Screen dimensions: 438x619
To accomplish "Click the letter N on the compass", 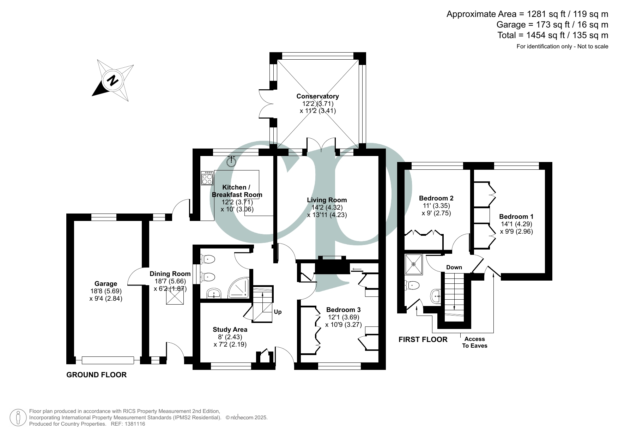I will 113,81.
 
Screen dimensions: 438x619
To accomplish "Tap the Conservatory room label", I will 317,96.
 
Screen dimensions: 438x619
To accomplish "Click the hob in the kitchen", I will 207,178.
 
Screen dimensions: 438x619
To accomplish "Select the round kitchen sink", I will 231,162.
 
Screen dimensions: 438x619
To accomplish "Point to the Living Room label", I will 327,200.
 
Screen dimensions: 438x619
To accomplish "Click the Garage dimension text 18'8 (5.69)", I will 106,291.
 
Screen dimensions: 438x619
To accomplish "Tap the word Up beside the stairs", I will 278,312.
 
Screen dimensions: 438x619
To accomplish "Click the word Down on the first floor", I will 454,268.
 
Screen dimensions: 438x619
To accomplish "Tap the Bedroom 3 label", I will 343,310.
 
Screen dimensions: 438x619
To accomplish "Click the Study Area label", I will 230,330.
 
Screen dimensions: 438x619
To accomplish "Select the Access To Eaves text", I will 474,342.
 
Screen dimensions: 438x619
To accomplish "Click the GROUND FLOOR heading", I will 96,375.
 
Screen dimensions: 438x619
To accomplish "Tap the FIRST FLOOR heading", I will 423,340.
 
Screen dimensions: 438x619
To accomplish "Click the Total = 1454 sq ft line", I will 553,35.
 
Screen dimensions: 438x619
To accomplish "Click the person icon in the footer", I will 18,418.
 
